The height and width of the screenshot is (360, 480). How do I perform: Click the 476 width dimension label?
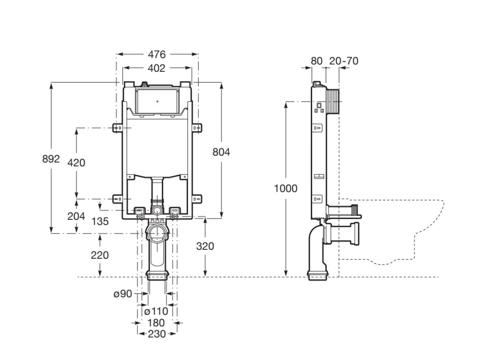click(x=157, y=54)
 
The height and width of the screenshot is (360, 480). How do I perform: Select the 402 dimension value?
click(x=157, y=68)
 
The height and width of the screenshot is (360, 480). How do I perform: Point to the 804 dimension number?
click(x=221, y=151)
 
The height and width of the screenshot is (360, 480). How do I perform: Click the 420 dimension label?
click(x=76, y=163)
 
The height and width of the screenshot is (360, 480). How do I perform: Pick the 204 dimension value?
click(x=76, y=216)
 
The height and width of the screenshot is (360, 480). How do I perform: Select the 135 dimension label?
click(x=100, y=221)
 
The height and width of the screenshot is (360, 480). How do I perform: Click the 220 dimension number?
click(x=100, y=255)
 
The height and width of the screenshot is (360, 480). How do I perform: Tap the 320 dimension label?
click(x=205, y=246)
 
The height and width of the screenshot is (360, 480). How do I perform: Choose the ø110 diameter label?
click(x=156, y=311)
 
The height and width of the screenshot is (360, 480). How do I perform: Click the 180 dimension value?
click(x=156, y=322)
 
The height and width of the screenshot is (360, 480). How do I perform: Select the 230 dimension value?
click(x=157, y=334)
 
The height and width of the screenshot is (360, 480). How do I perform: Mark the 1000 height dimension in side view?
click(x=286, y=188)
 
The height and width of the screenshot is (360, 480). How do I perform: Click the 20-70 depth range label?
click(x=344, y=60)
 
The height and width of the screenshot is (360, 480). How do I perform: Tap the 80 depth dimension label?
click(x=317, y=60)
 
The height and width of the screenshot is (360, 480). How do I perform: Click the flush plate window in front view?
click(x=157, y=100)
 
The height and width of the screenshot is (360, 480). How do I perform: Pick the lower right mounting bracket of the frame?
click(x=197, y=199)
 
